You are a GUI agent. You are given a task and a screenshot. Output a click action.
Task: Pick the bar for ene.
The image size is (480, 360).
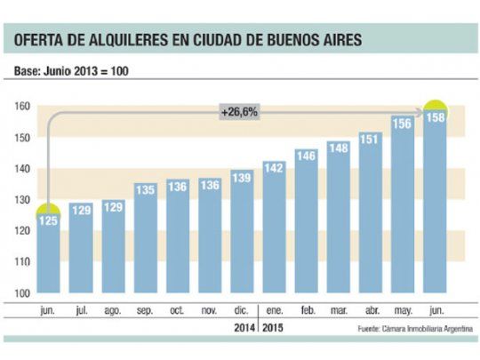tap(274, 229)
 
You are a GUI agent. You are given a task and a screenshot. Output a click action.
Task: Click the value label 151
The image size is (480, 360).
tap(371, 139)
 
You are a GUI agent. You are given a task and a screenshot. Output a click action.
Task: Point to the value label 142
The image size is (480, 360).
tap(274, 168)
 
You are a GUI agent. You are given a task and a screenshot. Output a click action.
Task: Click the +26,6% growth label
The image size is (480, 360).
tap(240, 112)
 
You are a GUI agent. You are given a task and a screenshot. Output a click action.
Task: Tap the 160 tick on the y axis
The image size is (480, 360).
tap(22, 107)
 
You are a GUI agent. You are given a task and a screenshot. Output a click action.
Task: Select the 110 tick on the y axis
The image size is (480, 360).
tap(22, 262)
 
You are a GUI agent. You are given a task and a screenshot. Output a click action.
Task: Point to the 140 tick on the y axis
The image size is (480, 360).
tap(22, 169)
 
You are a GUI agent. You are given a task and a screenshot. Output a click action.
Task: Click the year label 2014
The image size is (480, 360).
tap(241, 329)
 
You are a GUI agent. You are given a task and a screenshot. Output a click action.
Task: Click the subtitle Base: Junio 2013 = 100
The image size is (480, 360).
tap(70, 70)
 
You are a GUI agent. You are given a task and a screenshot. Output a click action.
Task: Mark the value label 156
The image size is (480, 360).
tap(403, 124)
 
